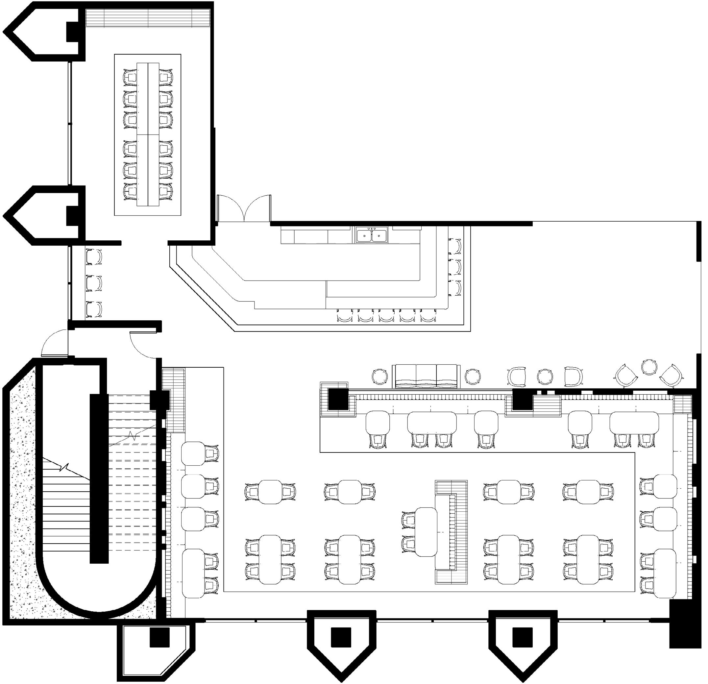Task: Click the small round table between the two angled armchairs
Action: point(649,367)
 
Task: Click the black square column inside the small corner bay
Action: point(160,638)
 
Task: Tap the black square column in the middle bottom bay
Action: point(341,638)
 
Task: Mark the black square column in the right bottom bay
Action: point(522,638)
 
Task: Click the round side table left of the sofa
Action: point(379,376)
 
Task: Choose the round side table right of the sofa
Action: point(473,376)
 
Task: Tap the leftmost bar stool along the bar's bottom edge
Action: point(344,315)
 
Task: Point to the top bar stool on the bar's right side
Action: point(455,246)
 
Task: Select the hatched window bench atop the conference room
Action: point(148,18)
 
